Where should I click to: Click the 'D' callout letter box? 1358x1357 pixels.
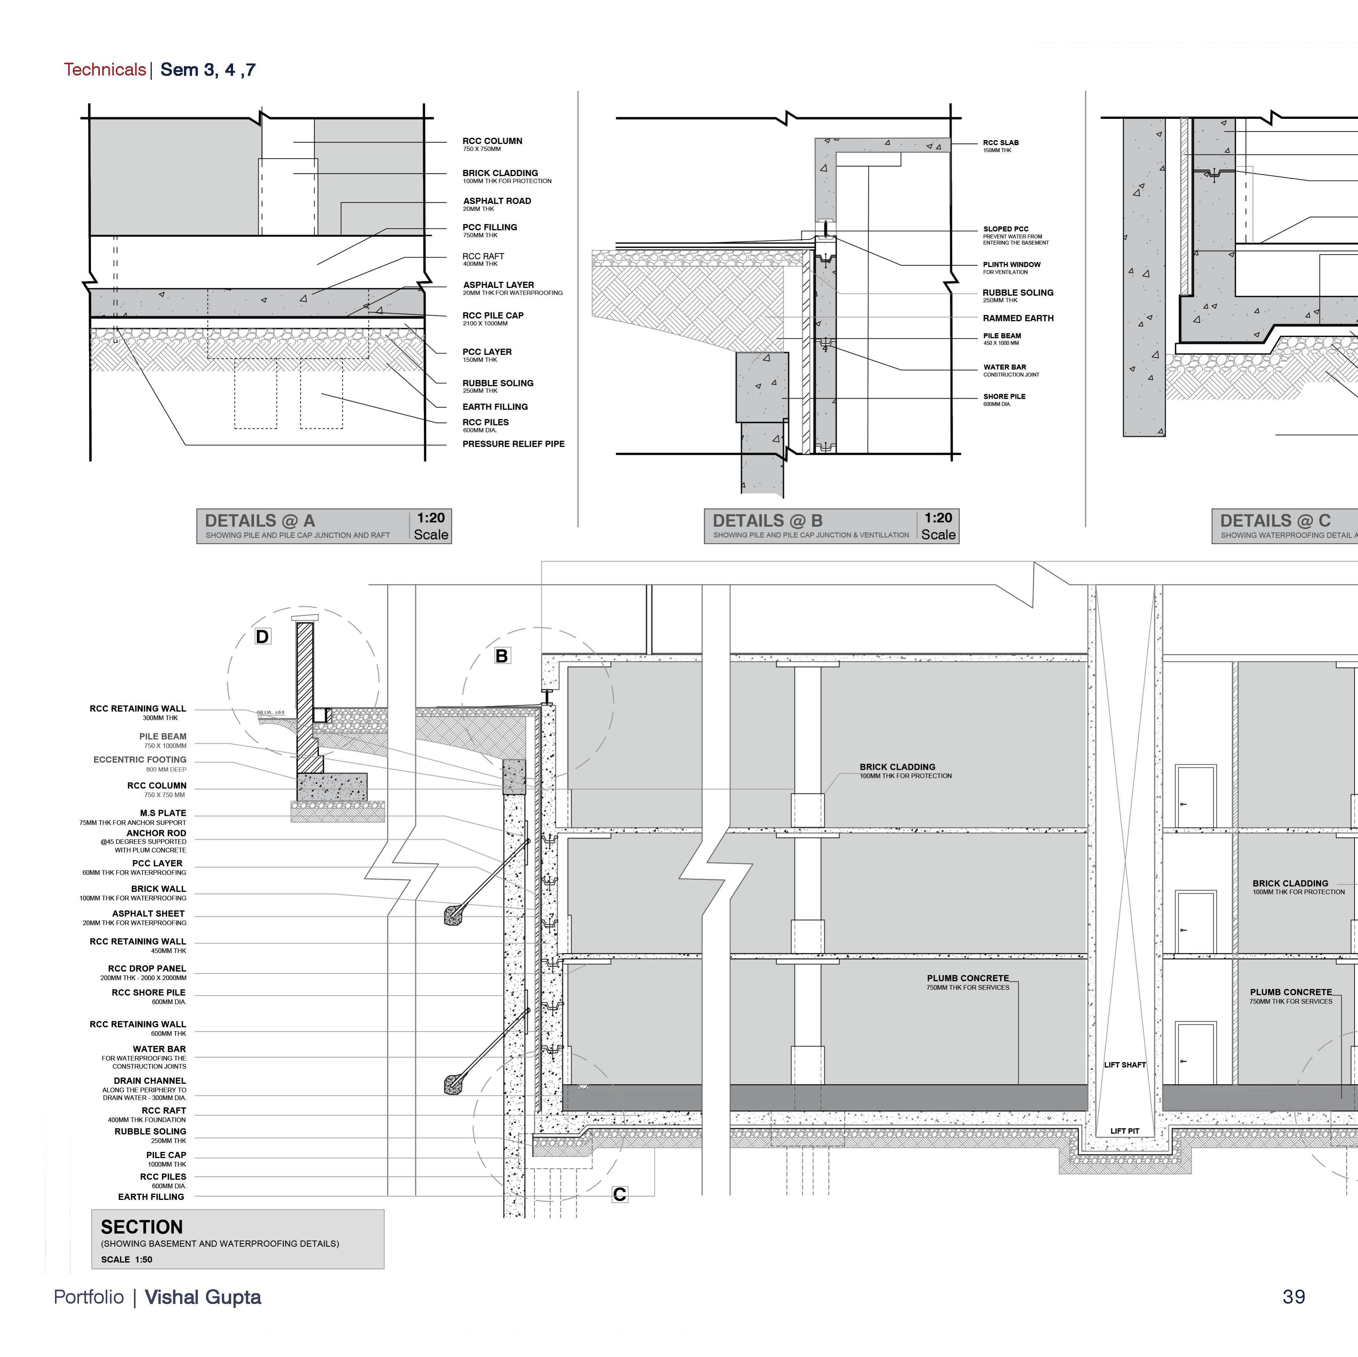coord(262,637)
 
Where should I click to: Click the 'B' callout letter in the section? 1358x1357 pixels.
coord(502,656)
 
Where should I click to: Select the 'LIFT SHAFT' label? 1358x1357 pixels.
coord(1125,1065)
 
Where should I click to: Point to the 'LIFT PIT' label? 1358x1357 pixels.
coord(1125,1131)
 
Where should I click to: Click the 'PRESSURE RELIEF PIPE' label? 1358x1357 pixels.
coord(513,444)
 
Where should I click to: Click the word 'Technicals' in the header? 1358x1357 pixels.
coord(105,70)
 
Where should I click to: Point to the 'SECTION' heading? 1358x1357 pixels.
coord(142,1227)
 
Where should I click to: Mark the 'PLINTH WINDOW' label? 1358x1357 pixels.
coord(1011,265)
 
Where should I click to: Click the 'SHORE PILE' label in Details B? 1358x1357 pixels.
coord(1004,396)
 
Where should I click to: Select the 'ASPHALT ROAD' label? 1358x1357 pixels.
coord(497,201)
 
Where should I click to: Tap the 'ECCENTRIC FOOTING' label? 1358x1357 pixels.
coord(140,760)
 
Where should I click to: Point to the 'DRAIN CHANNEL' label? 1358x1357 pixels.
coord(150,1081)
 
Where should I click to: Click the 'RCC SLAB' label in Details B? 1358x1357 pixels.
coord(1000,143)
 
